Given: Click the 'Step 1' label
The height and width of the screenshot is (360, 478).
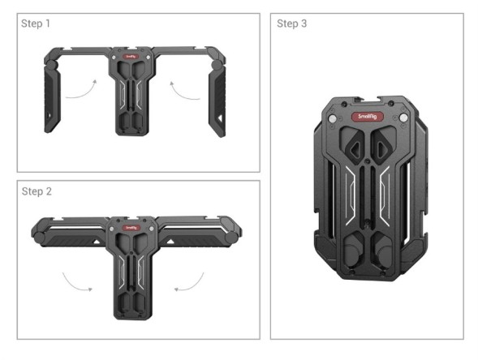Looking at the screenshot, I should click(36, 24).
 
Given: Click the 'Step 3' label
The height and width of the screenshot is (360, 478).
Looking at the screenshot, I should click(292, 24).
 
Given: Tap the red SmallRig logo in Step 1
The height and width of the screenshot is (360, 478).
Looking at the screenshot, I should click(131, 58).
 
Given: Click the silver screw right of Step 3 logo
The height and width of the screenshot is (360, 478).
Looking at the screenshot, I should click(403, 118).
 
